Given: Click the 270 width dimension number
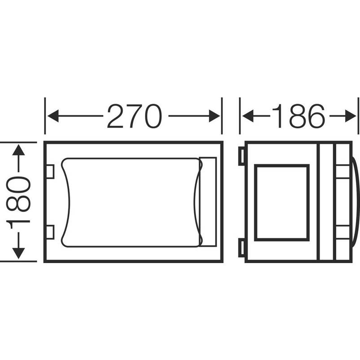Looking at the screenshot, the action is (x=135, y=116).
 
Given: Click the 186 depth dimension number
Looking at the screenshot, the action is (x=299, y=116).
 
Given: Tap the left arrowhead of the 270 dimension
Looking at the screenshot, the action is (x=53, y=116).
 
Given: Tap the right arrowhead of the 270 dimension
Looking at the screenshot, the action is (x=214, y=116).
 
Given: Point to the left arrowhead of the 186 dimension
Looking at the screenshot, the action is (x=248, y=116).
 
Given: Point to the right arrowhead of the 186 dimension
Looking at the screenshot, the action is (x=351, y=116).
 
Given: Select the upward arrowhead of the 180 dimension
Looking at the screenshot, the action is (x=18, y=150).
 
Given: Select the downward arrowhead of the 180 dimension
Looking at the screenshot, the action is (x=18, y=254).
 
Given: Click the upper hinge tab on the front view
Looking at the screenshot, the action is (x=50, y=171).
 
